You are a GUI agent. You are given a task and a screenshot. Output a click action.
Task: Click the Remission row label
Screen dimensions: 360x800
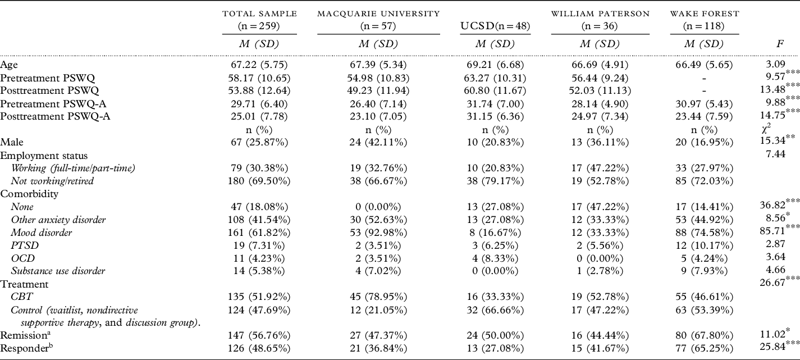pos(23,336)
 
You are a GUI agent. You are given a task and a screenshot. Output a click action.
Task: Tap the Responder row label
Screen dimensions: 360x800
pos(24,349)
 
